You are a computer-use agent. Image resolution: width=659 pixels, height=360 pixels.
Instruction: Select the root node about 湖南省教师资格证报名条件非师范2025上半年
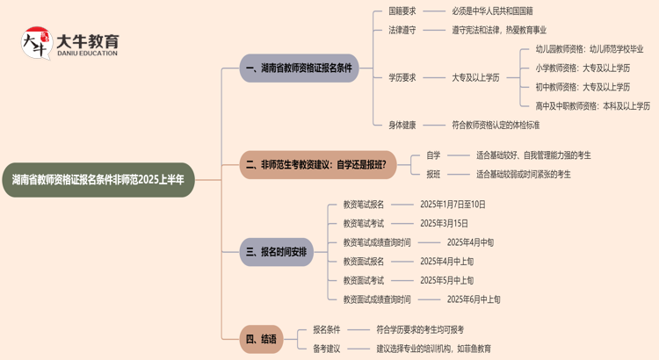tap(98, 179)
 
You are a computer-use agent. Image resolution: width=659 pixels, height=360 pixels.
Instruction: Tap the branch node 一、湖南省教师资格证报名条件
tap(301, 68)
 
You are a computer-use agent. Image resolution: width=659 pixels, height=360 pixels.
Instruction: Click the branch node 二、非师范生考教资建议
tap(316, 163)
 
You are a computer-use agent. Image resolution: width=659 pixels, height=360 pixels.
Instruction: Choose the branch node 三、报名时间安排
tap(277, 252)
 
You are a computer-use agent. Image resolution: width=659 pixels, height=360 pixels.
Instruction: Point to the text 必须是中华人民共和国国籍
tap(493, 11)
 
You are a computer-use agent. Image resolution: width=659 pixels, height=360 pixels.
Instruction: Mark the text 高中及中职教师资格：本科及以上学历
tap(593, 106)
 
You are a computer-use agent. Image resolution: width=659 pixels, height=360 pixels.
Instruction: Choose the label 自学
tap(433, 155)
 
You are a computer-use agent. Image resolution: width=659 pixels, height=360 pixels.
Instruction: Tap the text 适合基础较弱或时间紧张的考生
tap(523, 174)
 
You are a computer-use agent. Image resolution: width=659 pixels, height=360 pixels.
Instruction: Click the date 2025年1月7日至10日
tap(453, 204)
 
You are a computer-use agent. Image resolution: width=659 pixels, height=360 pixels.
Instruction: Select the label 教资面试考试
tap(364, 280)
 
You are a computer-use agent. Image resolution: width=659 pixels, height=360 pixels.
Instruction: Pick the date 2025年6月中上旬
tap(474, 299)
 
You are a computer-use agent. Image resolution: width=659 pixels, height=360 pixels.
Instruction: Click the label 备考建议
tap(327, 349)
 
